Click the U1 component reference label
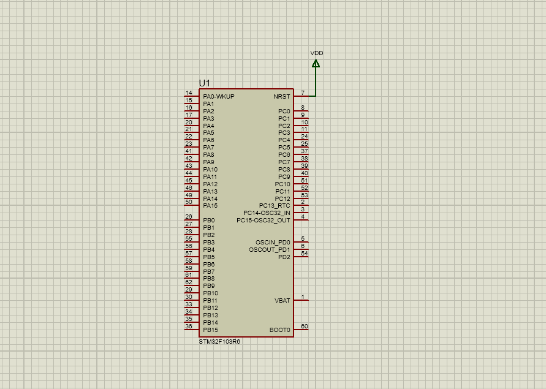(205, 83)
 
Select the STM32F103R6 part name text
(219, 342)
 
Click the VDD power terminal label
(316, 53)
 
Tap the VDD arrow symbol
(316, 64)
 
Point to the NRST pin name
(282, 97)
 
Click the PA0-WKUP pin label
(218, 97)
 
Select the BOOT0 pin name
(280, 330)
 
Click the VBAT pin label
(282, 301)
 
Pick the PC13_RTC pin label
(275, 206)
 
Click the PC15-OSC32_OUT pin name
(264, 221)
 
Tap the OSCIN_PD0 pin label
(273, 243)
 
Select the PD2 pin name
(284, 257)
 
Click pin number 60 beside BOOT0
(305, 327)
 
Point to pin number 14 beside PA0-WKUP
(189, 93)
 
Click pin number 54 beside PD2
(305, 253)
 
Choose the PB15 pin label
(210, 330)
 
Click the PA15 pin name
(210, 206)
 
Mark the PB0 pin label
(208, 221)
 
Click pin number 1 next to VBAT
(303, 297)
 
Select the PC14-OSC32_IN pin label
(267, 213)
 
